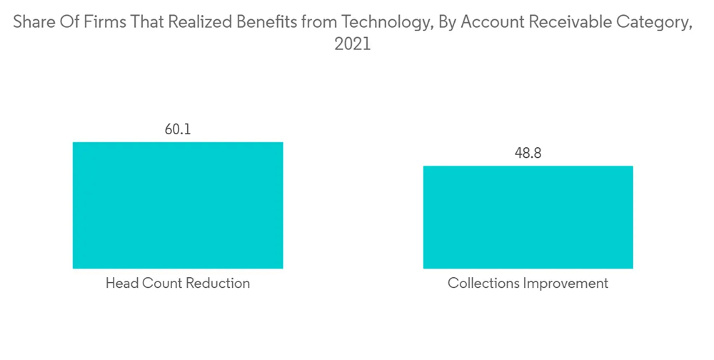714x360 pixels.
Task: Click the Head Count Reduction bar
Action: click(x=178, y=205)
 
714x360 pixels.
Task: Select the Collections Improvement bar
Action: click(x=528, y=217)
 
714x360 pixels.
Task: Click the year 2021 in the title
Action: click(x=353, y=44)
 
